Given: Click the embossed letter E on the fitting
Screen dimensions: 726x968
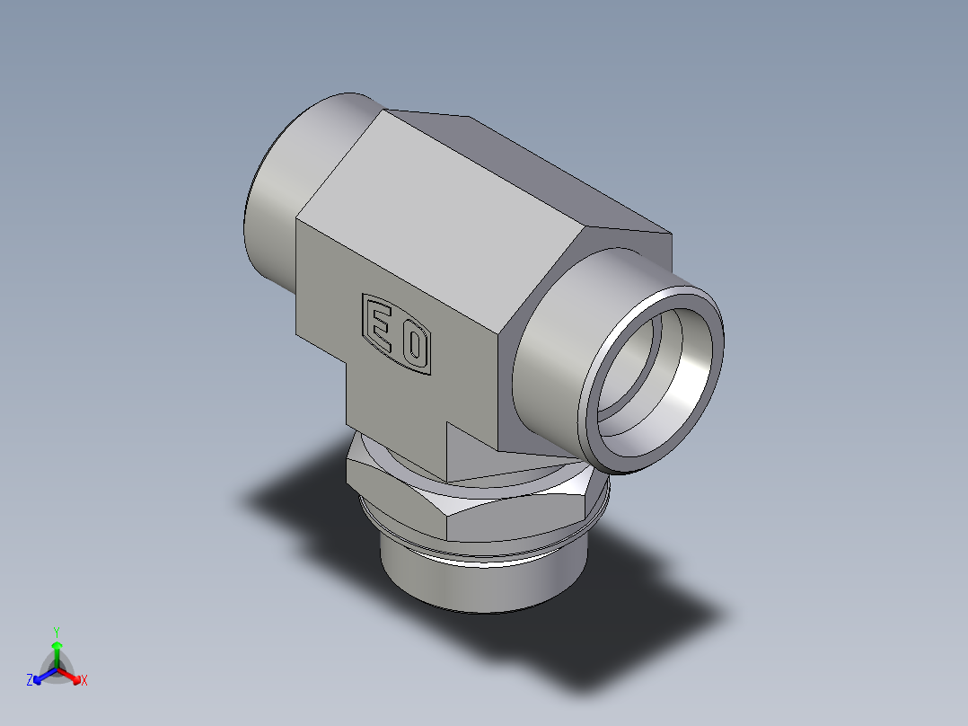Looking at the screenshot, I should pos(380,326).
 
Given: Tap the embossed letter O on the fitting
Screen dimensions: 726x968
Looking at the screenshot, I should pos(414,347).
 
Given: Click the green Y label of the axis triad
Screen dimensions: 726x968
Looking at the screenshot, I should pos(56,632).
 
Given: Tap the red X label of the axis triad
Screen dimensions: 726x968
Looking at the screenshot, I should pos(84,681).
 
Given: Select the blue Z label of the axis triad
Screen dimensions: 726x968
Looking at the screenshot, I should pos(29,681).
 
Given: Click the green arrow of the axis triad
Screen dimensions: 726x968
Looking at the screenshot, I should pos(56,651).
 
